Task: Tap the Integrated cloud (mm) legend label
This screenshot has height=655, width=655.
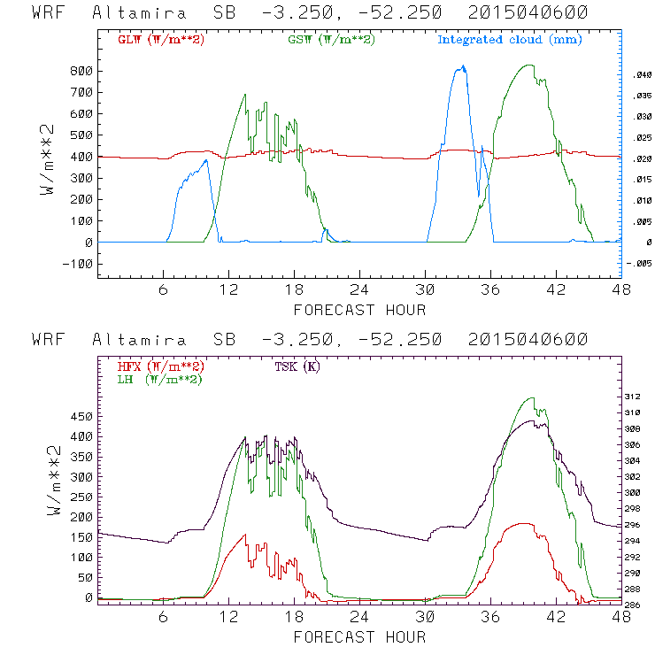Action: tap(510, 40)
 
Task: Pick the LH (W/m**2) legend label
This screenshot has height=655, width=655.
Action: tap(160, 379)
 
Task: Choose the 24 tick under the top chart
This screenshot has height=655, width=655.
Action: tap(360, 290)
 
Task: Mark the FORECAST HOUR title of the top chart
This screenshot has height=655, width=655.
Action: tap(359, 310)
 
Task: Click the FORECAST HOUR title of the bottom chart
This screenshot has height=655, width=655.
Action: tap(359, 637)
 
